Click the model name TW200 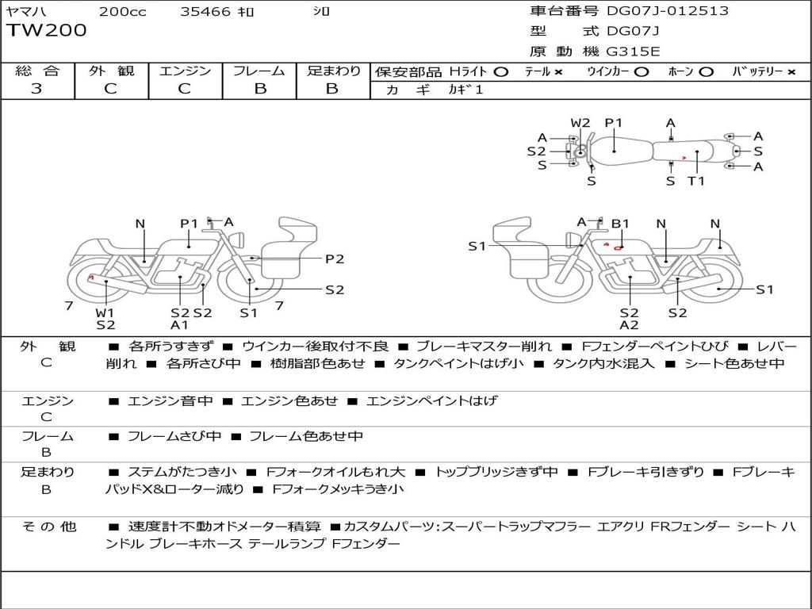coord(47,31)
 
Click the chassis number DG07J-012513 coord(668,11)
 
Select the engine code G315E coord(633,52)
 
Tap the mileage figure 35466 coord(205,11)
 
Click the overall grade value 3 coord(36,89)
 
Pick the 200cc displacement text coord(123,11)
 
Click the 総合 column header coord(37,71)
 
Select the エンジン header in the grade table coord(185,71)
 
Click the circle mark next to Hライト coord(501,72)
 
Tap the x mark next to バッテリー coord(791,72)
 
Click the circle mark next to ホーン coord(707,72)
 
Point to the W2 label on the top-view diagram coord(580,123)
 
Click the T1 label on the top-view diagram coord(696,181)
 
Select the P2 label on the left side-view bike coord(335,259)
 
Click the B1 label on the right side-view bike coord(620,224)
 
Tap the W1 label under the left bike coord(105,312)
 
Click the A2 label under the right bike coord(629,325)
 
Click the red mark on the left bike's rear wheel coord(91,278)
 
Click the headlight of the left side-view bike coord(238,240)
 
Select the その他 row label coord(49,527)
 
